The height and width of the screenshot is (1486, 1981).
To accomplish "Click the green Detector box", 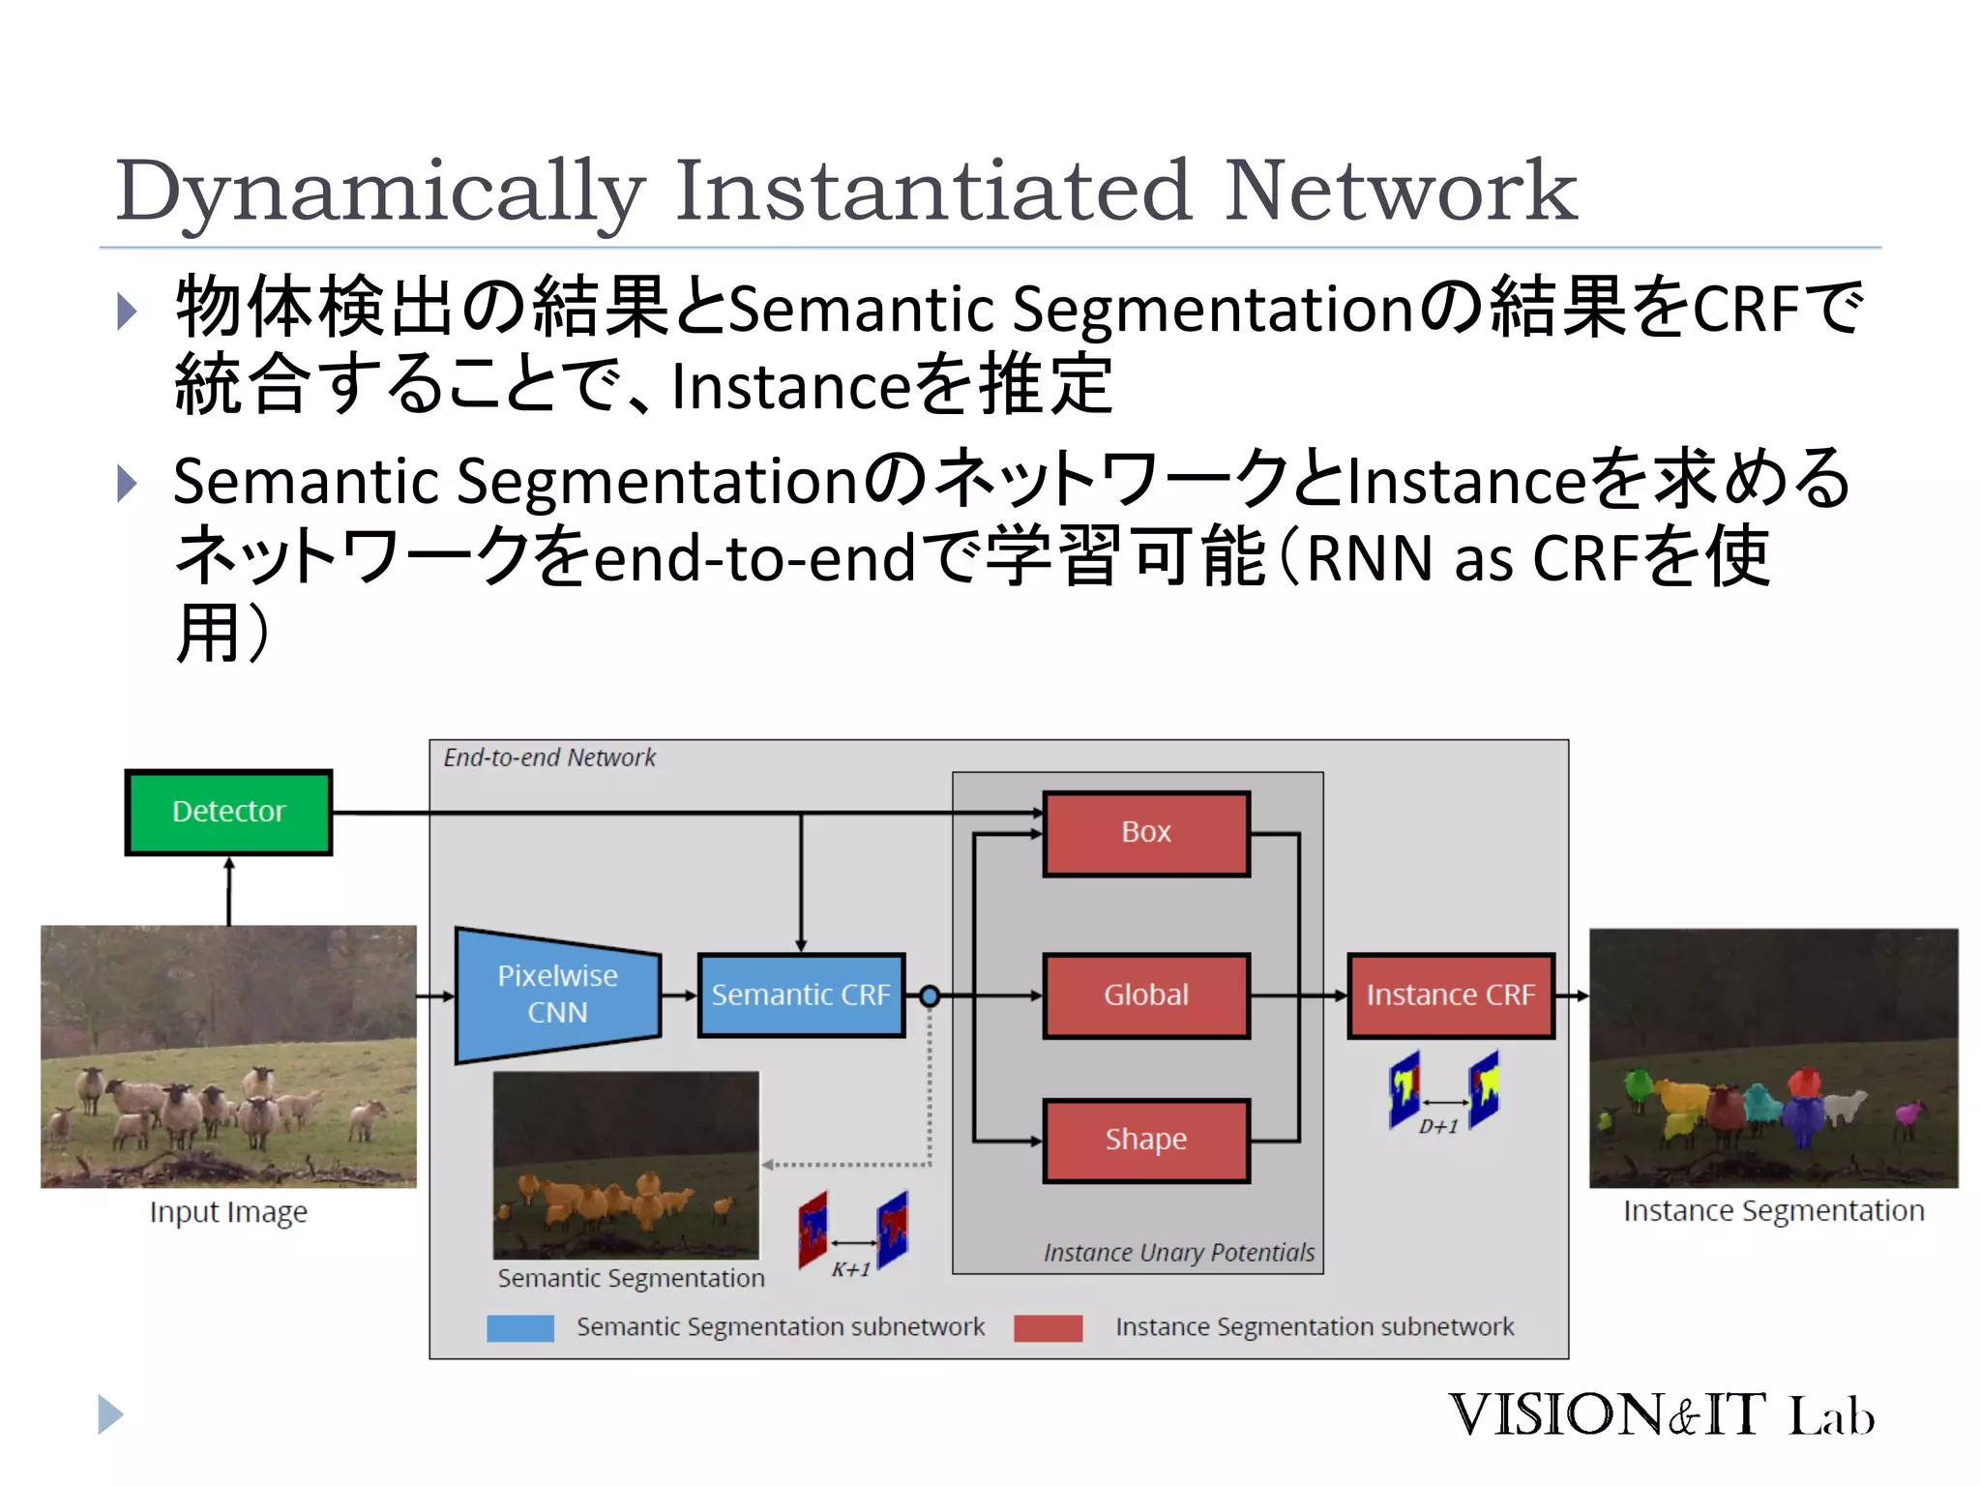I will click(x=228, y=812).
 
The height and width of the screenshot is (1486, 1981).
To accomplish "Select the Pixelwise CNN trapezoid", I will click(x=558, y=995).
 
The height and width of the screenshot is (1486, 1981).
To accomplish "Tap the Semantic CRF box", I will click(x=801, y=995).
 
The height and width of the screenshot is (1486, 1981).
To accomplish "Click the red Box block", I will click(x=1146, y=833).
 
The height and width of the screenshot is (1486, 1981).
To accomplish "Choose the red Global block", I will click(x=1146, y=995).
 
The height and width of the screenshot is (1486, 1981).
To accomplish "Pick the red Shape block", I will click(x=1146, y=1140).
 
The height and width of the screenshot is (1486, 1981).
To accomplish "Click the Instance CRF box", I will click(x=1450, y=995).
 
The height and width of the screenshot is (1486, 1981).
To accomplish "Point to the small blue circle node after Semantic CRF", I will click(x=930, y=996).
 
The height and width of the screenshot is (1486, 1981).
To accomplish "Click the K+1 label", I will click(x=851, y=1269).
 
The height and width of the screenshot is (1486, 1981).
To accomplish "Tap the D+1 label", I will click(x=1438, y=1126).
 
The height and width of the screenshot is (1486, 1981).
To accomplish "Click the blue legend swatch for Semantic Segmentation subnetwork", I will click(x=520, y=1327).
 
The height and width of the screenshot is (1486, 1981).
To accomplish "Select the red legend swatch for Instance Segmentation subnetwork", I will click(x=1048, y=1327).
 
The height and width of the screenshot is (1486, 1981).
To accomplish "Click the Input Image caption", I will click(x=228, y=1212).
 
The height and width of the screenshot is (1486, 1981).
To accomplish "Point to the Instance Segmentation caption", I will click(x=1773, y=1210).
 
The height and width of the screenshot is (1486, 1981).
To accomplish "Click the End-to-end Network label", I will click(x=548, y=758).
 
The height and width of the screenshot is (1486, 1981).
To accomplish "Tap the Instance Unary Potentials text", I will click(x=1178, y=1253).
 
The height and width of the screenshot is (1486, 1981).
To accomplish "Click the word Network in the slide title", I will click(x=1401, y=191).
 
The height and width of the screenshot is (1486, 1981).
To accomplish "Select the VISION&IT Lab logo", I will click(x=1661, y=1414).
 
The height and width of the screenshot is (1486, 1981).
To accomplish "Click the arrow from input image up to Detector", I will click(x=229, y=890).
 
